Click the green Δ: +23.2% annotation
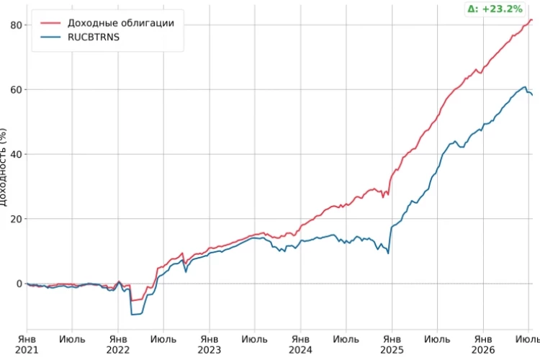tap(495, 9)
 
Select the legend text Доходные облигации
tap(120, 23)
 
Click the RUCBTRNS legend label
tap(94, 37)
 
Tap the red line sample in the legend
tap(50, 23)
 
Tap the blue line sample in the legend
tap(50, 37)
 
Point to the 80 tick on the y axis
tap(16, 25)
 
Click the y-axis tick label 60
tap(16, 89)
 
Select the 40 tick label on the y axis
tap(16, 154)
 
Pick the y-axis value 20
tap(16, 219)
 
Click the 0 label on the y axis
tap(19, 284)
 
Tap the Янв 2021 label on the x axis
tap(27, 345)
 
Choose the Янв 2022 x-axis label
tap(118, 345)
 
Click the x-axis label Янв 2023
tap(209, 345)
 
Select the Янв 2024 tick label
tap(300, 345)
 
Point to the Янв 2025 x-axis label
tap(392, 345)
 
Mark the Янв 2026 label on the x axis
tap(483, 345)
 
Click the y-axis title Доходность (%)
tap(3, 167)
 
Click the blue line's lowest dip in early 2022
tap(132, 315)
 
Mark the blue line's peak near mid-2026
tap(525, 87)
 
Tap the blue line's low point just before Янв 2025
tap(389, 253)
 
